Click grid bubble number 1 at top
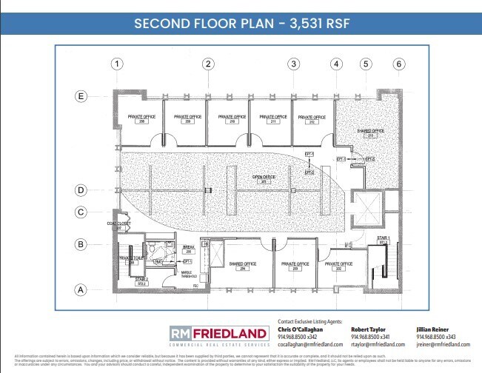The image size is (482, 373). point(116,64)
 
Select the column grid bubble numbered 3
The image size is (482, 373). point(294,64)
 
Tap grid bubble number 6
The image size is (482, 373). point(399,64)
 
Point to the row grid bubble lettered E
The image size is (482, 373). point(82,95)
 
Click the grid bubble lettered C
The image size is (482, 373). point(82,212)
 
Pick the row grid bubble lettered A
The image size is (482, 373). point(82,290)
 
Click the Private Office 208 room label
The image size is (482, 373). point(141,118)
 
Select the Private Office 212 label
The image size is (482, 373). point(309,118)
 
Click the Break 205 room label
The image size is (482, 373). point(189,250)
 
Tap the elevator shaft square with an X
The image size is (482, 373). point(365,208)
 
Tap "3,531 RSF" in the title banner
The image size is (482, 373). point(312,22)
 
